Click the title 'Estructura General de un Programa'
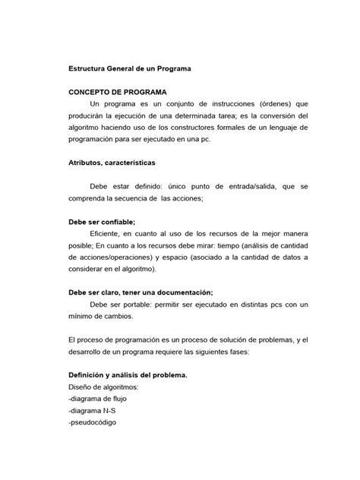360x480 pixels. point(130,68)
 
